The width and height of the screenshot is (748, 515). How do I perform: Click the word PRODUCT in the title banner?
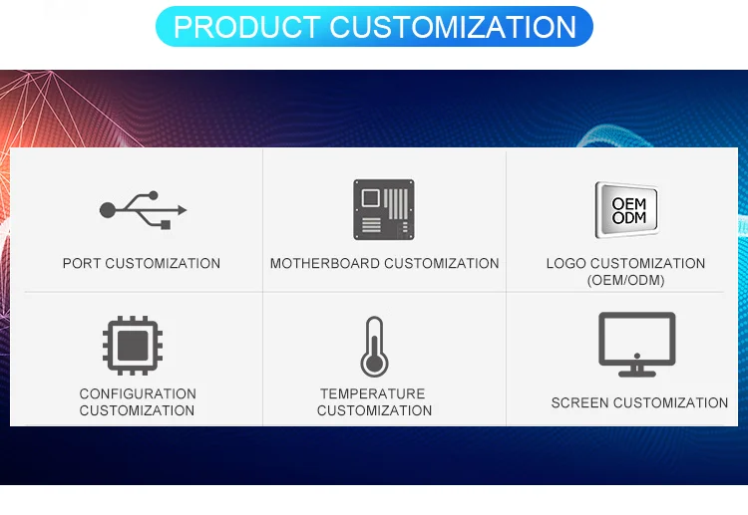tap(246, 27)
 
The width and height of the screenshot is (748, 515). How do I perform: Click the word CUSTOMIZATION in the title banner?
tap(454, 27)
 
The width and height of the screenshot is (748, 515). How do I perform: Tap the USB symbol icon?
tap(143, 210)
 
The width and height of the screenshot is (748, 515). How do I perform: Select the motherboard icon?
tap(384, 209)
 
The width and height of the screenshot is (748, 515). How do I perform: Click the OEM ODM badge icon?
tap(627, 210)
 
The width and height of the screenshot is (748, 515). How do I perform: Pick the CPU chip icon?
tap(134, 345)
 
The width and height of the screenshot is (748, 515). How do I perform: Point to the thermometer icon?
tap(374, 347)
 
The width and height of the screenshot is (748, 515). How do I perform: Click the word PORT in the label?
tap(82, 264)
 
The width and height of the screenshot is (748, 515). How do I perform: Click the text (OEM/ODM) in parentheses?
tap(626, 281)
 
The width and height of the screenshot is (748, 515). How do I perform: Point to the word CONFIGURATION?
tap(138, 394)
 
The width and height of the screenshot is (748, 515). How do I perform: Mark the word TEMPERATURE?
tap(373, 394)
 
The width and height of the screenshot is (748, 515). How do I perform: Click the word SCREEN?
tap(579, 403)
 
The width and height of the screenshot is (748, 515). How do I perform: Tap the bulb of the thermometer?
tap(374, 366)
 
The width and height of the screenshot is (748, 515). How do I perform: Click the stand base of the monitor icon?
tap(637, 373)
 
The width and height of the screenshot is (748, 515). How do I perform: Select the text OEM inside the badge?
tap(629, 203)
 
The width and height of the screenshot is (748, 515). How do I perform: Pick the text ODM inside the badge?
tap(629, 218)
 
